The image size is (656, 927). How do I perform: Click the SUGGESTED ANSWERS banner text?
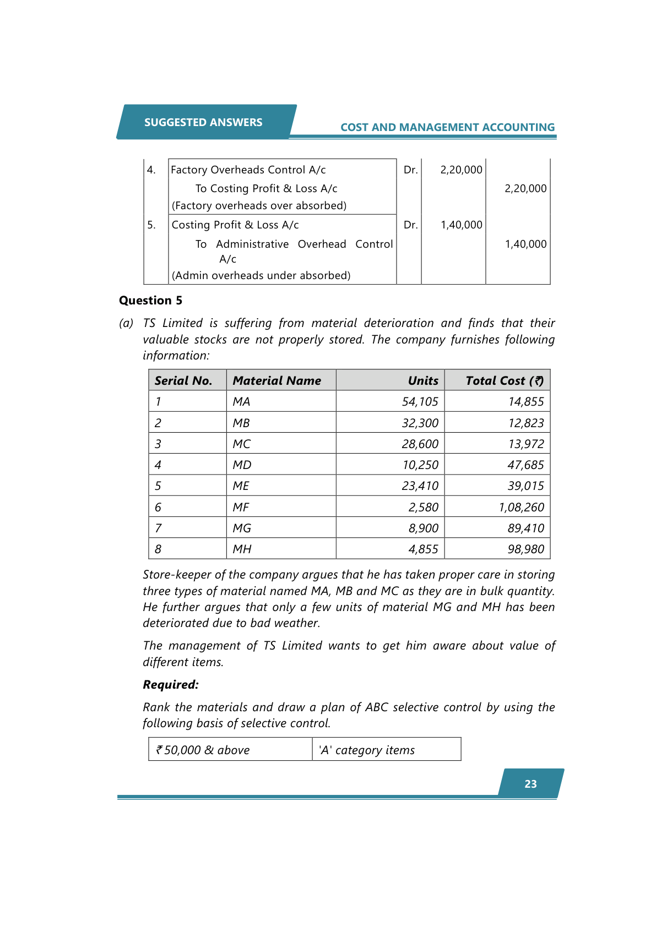203,122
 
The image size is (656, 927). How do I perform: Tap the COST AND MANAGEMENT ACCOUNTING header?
447,127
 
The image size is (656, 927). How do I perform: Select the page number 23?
530,784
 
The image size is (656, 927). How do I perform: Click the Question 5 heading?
150,301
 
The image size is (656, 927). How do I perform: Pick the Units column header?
422,380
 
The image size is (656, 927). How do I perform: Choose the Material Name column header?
277,380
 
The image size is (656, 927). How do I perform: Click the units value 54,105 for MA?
420,402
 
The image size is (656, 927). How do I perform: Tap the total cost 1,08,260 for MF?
521,507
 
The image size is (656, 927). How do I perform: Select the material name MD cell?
242,465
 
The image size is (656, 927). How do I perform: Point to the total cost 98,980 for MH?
525,549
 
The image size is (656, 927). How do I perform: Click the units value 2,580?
423,507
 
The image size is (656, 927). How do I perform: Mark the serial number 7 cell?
158,528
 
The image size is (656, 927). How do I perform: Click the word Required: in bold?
170,685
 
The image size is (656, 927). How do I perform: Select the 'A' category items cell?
367,750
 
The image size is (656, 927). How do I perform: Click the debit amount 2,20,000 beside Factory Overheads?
461,170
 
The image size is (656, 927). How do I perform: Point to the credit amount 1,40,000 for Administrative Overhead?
525,244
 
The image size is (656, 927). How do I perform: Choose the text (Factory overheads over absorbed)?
259,206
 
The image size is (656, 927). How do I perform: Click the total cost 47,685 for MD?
525,465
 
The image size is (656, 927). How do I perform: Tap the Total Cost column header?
504,380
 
